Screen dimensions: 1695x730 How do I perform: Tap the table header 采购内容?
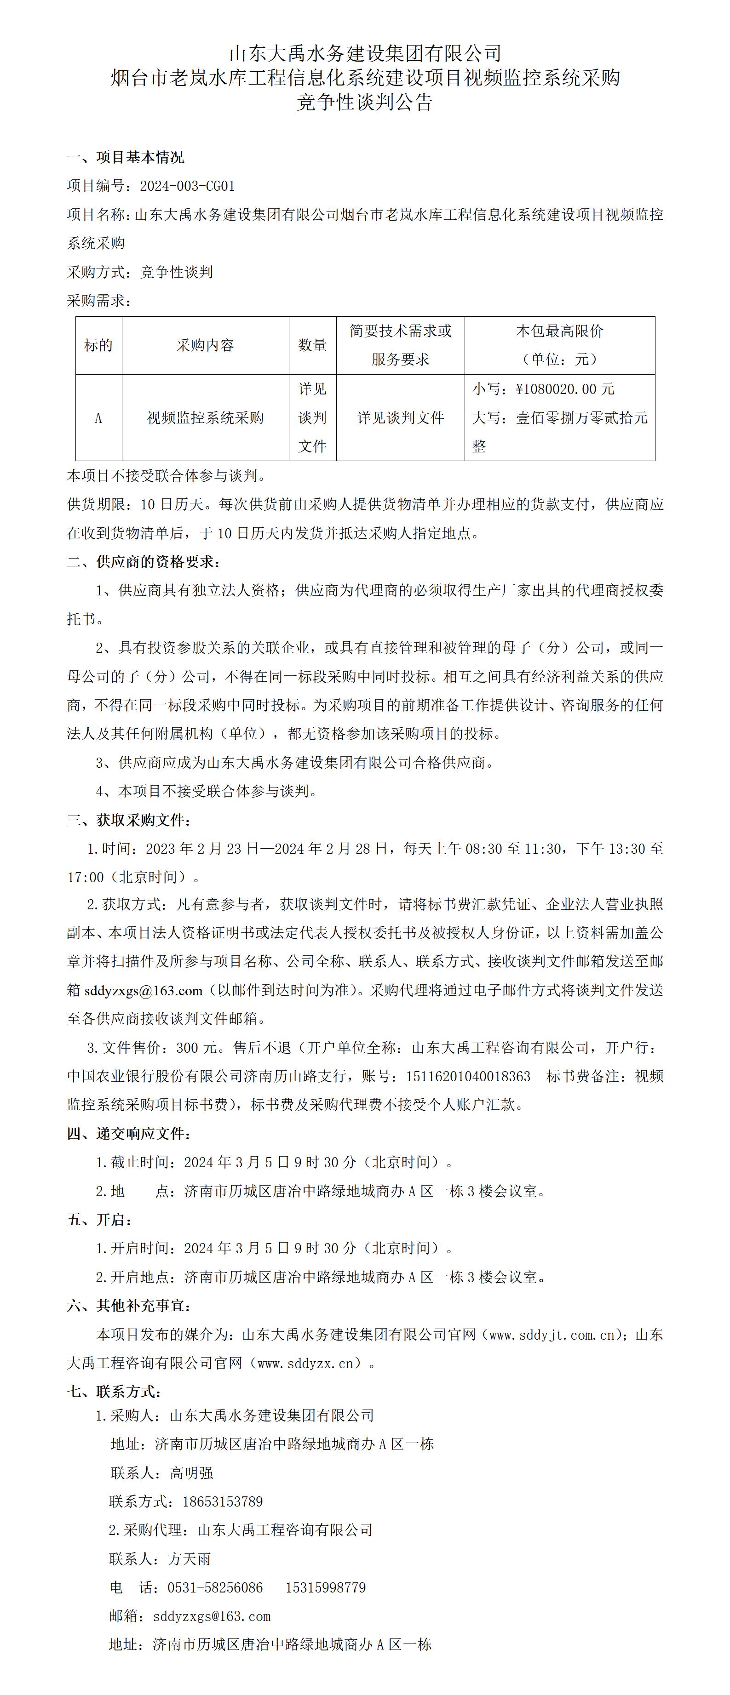205,345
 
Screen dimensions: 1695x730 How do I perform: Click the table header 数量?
313,345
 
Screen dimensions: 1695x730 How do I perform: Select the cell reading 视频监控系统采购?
205,418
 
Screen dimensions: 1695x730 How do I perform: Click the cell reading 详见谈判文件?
400,418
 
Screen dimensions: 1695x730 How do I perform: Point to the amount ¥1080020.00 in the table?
565,389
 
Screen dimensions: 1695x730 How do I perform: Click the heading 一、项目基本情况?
126,157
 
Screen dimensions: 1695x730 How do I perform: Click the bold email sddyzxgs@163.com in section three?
144,990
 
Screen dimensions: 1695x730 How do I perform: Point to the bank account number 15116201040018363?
468,1077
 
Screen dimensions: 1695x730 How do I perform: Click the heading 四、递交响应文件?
129,1134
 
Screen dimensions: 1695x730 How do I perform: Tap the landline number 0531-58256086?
215,1588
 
